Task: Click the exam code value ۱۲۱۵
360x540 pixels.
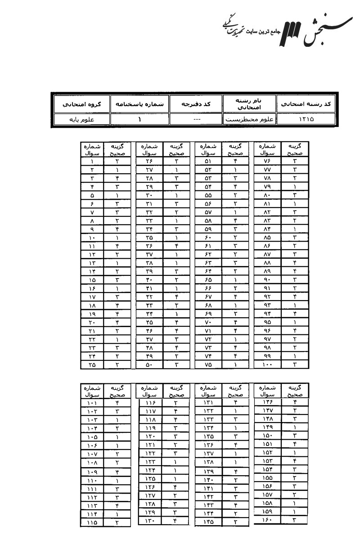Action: click(x=306, y=120)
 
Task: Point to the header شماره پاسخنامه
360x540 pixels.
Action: click(x=139, y=104)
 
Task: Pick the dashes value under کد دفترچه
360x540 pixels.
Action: click(x=196, y=120)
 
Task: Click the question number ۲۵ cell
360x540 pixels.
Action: click(x=92, y=365)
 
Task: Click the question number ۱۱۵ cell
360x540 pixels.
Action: click(x=92, y=523)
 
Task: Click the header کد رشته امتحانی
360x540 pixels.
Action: click(x=306, y=104)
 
